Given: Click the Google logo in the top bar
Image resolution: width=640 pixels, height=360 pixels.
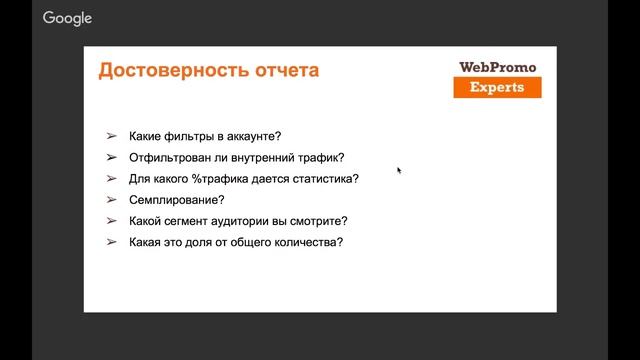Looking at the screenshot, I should click(68, 18).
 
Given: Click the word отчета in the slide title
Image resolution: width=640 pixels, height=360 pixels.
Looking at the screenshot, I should click(289, 71).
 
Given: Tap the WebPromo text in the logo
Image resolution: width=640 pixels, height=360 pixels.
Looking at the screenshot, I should click(497, 67).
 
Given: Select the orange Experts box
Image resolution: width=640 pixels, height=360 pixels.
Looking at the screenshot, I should click(497, 88).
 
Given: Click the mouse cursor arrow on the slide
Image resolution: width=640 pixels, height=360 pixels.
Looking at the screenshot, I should click(399, 171).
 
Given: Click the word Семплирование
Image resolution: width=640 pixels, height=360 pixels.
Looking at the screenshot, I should click(176, 200).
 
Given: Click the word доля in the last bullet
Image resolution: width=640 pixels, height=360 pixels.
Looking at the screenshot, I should click(199, 242).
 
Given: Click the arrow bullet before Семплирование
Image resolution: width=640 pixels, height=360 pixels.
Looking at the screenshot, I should click(111, 200).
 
